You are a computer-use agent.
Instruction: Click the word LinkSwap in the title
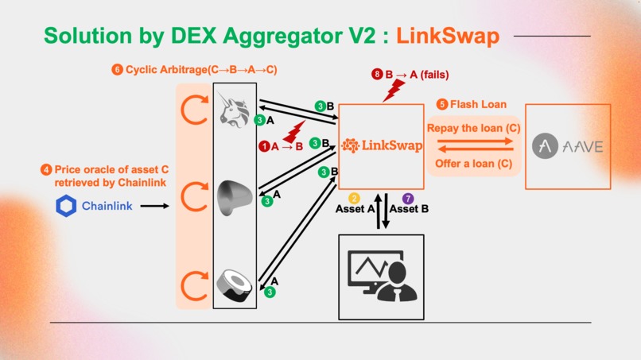click(x=448, y=36)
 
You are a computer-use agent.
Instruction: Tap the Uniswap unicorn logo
click(x=235, y=109)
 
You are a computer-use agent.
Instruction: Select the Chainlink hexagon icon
click(x=65, y=206)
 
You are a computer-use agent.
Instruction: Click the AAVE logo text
click(x=568, y=146)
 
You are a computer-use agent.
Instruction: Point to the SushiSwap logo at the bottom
click(x=235, y=285)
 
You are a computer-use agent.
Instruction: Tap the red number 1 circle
click(x=264, y=146)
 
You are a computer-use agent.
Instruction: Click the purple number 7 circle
click(x=408, y=198)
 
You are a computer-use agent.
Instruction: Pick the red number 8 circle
click(x=377, y=75)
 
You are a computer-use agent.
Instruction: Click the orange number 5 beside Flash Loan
click(x=442, y=104)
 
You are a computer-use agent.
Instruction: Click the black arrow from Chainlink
click(x=154, y=206)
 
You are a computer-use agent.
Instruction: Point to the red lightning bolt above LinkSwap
click(x=392, y=90)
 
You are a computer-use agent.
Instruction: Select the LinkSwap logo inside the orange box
click(x=381, y=145)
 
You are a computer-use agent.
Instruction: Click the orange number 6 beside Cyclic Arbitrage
click(x=118, y=70)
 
